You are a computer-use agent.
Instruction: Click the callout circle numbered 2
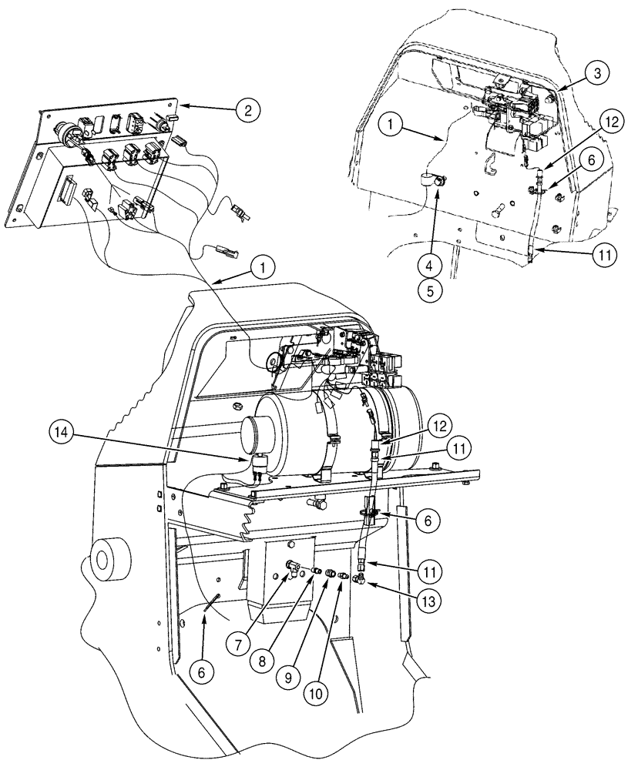click(x=247, y=110)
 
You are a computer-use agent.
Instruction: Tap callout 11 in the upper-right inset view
click(x=603, y=256)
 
